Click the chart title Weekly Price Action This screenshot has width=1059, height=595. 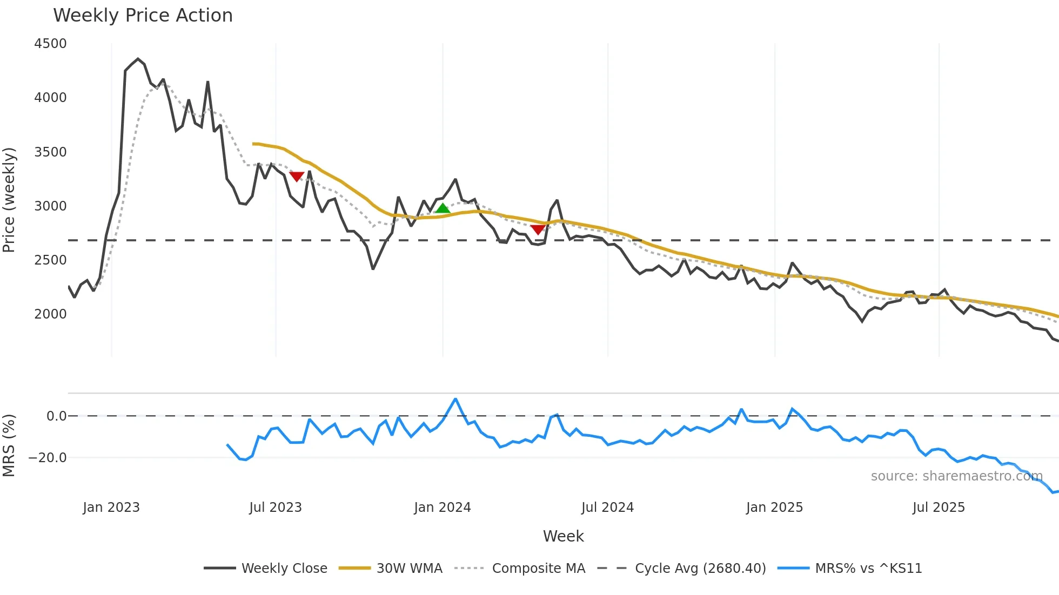click(143, 16)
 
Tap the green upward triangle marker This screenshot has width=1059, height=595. click(443, 208)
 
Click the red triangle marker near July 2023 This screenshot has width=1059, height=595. click(297, 177)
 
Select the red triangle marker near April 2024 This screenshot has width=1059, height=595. click(538, 230)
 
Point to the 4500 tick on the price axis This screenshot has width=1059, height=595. click(50, 44)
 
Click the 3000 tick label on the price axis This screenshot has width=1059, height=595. click(50, 206)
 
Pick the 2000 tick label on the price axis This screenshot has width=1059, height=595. click(50, 314)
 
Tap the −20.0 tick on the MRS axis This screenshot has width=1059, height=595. click(48, 458)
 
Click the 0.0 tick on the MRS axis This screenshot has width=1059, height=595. click(56, 416)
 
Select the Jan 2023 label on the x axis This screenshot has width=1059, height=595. click(111, 508)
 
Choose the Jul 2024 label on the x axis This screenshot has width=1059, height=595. click(607, 508)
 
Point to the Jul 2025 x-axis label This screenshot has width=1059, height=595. click(939, 508)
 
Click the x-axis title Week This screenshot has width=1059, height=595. click(563, 536)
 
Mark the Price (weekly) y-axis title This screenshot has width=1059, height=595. click(9, 200)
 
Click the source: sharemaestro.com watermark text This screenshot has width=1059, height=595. click(956, 476)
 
